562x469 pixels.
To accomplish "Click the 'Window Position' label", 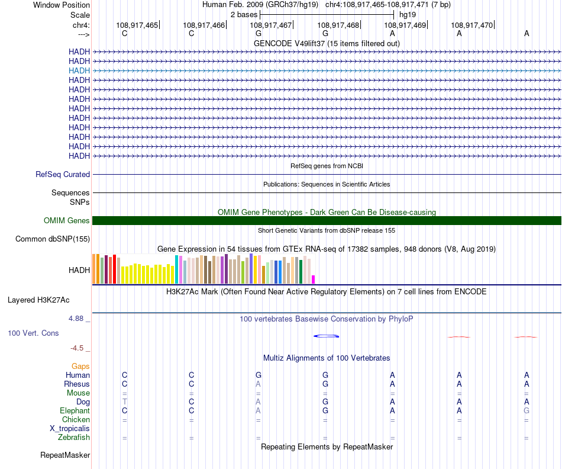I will point(62,5).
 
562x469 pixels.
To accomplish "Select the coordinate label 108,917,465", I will point(137,25).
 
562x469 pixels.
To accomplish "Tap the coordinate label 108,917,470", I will point(471,25).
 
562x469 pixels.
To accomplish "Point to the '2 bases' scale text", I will point(243,14).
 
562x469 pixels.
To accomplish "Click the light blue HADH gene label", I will point(79,70).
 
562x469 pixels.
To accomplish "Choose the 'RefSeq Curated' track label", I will point(63,175).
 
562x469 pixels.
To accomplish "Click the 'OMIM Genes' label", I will point(67,221).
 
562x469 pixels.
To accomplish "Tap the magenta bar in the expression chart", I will point(314,280).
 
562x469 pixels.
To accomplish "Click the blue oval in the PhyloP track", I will point(326,336).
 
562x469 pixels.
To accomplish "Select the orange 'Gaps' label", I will point(80,367).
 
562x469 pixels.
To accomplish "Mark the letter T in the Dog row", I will point(124,401).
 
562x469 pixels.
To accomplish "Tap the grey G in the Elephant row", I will point(527,410).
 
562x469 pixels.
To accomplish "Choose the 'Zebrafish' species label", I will point(74,438).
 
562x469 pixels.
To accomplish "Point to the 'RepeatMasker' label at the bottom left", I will point(65,455).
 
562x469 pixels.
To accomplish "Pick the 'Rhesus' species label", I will point(77,384).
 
